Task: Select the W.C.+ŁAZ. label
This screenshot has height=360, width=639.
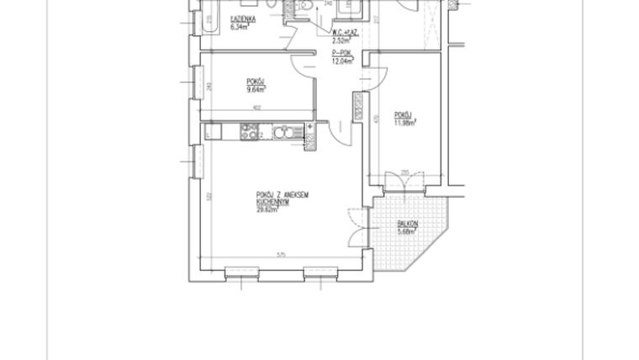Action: pos(344,32)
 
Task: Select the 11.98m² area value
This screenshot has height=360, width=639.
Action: pos(405,121)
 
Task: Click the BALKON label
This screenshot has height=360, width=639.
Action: pos(406,225)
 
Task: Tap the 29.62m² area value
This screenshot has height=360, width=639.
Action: pos(267,211)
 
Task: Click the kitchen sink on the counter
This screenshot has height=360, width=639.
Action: pos(283,131)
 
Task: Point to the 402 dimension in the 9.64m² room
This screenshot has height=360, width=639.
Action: pos(258,106)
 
